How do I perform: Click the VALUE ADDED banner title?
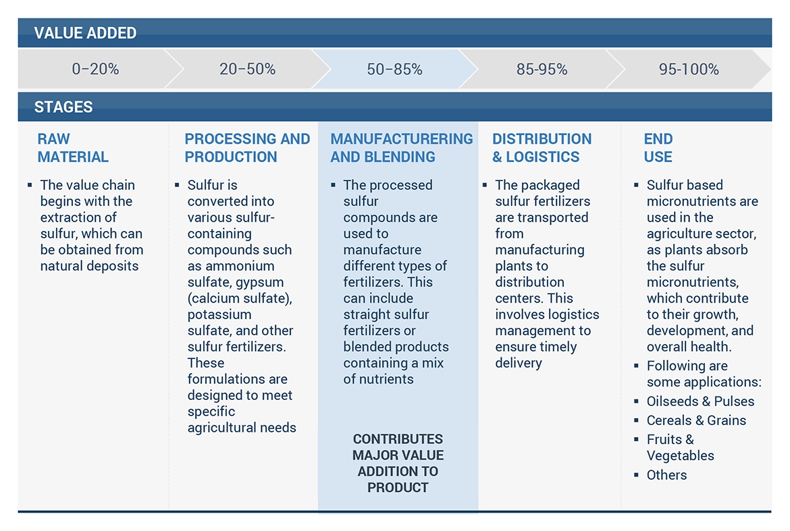[85, 33]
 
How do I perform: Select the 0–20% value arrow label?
[95, 69]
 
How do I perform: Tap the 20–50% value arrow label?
[247, 69]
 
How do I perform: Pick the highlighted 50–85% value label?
[394, 69]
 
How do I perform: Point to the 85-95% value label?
[542, 69]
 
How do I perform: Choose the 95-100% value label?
[689, 69]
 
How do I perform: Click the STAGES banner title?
[63, 107]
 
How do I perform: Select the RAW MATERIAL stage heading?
[73, 148]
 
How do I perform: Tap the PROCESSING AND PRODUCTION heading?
[247, 148]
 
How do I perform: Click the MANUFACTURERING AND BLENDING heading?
[401, 148]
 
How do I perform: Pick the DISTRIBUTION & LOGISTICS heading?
[542, 148]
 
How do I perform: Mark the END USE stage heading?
[658, 148]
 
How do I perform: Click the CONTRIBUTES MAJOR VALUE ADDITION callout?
[398, 463]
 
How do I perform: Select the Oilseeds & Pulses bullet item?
[700, 401]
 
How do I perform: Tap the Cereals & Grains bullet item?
[696, 420]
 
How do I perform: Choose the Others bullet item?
[666, 475]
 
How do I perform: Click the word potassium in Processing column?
[219, 315]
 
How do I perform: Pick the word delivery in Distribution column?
[519, 363]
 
